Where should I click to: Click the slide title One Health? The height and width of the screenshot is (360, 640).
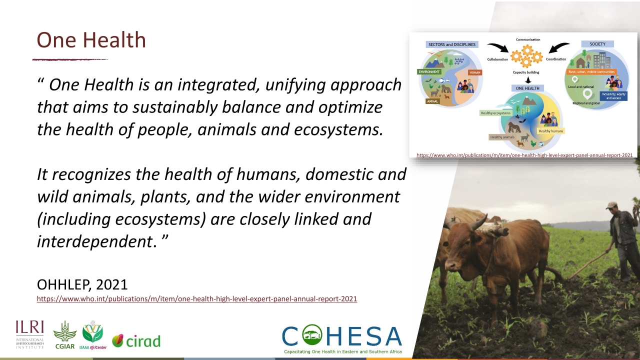[91, 40]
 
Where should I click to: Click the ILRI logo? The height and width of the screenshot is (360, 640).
[29, 334]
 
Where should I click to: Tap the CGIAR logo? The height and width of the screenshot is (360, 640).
[65, 334]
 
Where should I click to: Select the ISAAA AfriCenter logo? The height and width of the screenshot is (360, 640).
[93, 335]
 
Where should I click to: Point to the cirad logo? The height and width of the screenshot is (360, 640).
[136, 341]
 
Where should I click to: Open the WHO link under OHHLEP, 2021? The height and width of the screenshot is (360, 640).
[196, 299]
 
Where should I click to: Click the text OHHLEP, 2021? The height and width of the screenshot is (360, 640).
[82, 284]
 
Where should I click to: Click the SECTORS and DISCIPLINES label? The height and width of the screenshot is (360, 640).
[452, 44]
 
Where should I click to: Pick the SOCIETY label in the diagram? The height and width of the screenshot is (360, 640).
[597, 44]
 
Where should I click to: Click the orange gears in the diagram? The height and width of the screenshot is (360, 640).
[525, 56]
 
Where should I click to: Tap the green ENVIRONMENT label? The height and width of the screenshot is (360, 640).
[429, 72]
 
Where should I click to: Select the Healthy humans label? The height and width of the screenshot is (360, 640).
[550, 131]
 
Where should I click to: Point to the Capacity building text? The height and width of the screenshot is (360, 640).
[525, 72]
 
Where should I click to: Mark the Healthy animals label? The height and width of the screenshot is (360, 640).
[502, 137]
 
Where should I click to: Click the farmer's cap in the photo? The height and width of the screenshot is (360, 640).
[611, 205]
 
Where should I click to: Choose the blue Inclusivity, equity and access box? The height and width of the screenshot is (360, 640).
[614, 95]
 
